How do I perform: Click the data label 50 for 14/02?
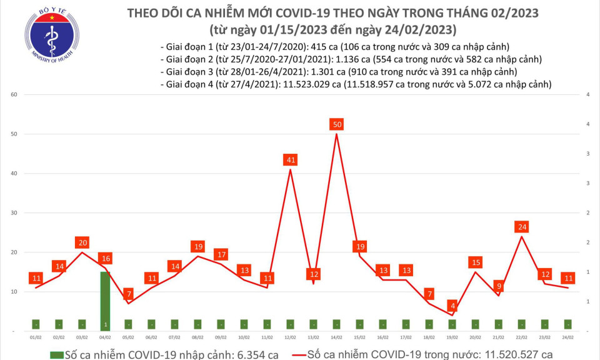(x=337, y=125)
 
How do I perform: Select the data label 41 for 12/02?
(x=291, y=160)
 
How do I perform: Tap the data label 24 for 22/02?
(x=522, y=226)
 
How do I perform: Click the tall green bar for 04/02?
(x=105, y=300)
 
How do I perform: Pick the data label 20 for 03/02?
(x=82, y=242)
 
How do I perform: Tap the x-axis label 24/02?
(x=567, y=337)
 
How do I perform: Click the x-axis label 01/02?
(x=36, y=337)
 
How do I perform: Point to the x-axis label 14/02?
(x=337, y=337)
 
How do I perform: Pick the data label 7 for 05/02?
(x=128, y=294)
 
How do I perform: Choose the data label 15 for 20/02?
(x=476, y=262)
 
